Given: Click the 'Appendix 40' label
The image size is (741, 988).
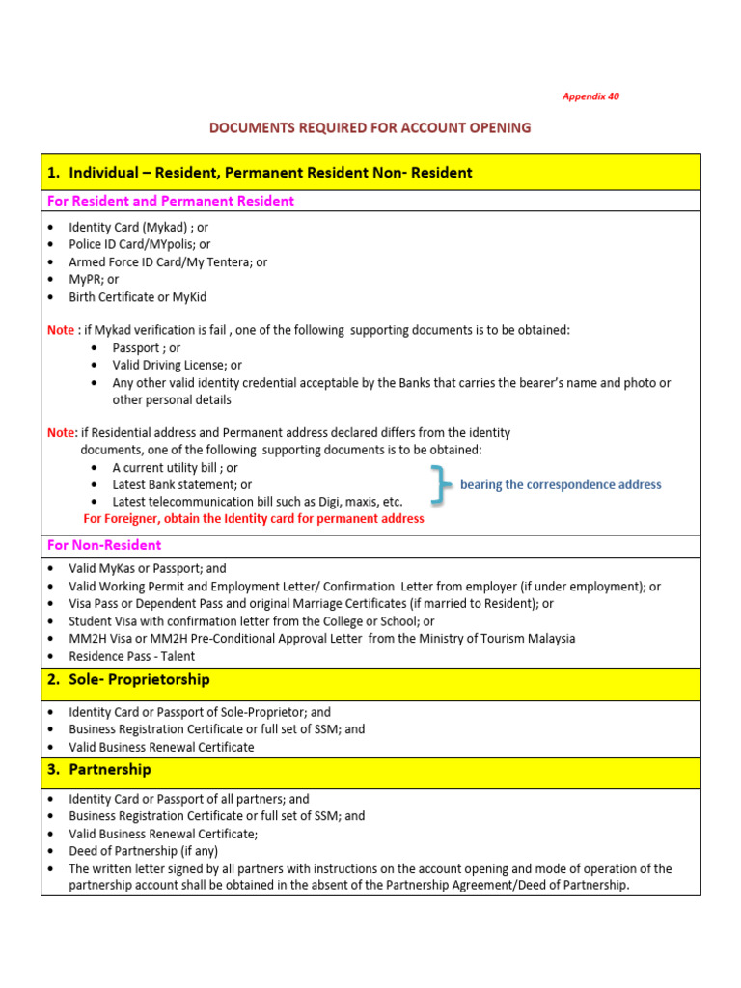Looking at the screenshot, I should [x=590, y=96].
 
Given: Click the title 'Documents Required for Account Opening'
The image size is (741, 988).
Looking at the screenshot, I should [x=370, y=127].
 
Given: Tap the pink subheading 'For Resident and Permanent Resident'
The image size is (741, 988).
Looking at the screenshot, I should [x=171, y=201].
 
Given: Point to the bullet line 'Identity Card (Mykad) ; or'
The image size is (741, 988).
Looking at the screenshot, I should [x=138, y=227].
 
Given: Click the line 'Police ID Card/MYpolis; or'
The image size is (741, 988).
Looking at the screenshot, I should [x=139, y=244].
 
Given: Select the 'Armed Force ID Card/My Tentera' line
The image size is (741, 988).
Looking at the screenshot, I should [x=168, y=261].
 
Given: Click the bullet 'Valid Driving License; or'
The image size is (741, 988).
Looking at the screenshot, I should [x=177, y=365].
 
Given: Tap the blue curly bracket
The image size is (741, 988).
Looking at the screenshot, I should [x=441, y=484].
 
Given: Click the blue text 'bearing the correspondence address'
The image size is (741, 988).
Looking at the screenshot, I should [x=561, y=484].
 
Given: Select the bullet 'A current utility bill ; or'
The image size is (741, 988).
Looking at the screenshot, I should [x=175, y=467].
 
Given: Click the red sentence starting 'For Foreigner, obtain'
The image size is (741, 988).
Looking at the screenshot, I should [x=254, y=519].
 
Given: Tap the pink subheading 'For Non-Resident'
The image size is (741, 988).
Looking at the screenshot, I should [x=104, y=545].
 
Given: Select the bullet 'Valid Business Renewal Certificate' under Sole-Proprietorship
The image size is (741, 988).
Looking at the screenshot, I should [x=161, y=747].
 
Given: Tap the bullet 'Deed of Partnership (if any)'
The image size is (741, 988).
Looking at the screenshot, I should [x=143, y=851].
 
